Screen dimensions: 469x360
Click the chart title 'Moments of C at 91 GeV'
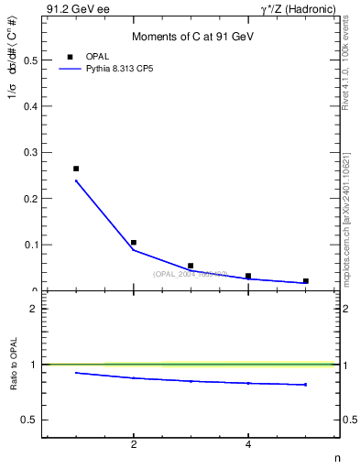point(191,37)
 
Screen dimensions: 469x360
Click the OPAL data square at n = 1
point(76,169)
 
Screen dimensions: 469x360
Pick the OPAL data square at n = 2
point(134,243)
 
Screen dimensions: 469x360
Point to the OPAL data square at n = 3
point(191,266)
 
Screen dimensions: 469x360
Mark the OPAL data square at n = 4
point(248,276)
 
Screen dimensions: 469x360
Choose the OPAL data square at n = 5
point(305,281)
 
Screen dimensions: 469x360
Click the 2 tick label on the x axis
point(134,445)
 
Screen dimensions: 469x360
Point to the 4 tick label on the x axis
point(248,445)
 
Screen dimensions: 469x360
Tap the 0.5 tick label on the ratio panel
point(29,420)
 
